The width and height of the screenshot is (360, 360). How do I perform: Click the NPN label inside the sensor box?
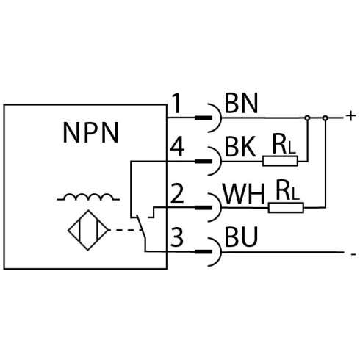(x=91, y=132)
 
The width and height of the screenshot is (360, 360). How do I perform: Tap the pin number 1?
(x=177, y=104)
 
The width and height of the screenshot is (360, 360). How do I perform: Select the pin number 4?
(x=177, y=147)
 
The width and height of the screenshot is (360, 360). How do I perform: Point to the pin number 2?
(x=177, y=194)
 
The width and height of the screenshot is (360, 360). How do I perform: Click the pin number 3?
(x=177, y=237)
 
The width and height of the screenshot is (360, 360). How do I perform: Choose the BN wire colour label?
(x=241, y=104)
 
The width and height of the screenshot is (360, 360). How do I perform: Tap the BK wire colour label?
(x=240, y=147)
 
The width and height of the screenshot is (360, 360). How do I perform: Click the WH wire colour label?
(x=244, y=194)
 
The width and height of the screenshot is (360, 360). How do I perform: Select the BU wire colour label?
(x=241, y=237)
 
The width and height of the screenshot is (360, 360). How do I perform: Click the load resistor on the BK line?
(x=280, y=161)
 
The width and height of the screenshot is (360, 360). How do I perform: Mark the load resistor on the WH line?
(x=286, y=208)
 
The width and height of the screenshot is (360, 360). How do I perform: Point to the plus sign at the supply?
(x=350, y=116)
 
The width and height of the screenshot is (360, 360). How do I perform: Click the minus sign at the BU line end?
(x=353, y=255)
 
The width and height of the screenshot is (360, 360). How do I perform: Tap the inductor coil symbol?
(x=88, y=197)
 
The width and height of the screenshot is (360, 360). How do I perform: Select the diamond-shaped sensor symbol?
(x=88, y=230)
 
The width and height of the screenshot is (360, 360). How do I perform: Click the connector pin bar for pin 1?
(x=204, y=118)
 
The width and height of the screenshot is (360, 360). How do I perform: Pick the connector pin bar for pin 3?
(x=204, y=252)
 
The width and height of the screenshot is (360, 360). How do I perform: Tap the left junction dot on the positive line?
(x=307, y=118)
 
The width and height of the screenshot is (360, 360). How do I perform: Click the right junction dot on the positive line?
(x=325, y=118)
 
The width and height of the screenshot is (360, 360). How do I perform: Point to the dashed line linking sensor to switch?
(x=125, y=230)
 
